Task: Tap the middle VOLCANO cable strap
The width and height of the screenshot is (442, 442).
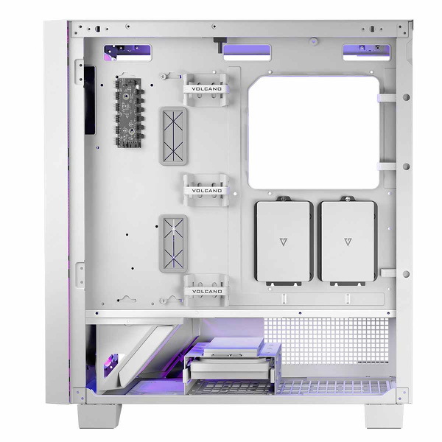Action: click(206, 190)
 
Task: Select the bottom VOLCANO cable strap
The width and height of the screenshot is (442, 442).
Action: click(206, 290)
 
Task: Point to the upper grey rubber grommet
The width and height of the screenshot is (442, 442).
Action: click(174, 138)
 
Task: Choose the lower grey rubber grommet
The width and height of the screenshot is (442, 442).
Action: click(174, 243)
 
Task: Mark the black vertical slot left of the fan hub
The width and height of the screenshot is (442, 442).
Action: click(90, 100)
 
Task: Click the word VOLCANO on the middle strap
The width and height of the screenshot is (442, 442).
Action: click(206, 190)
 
